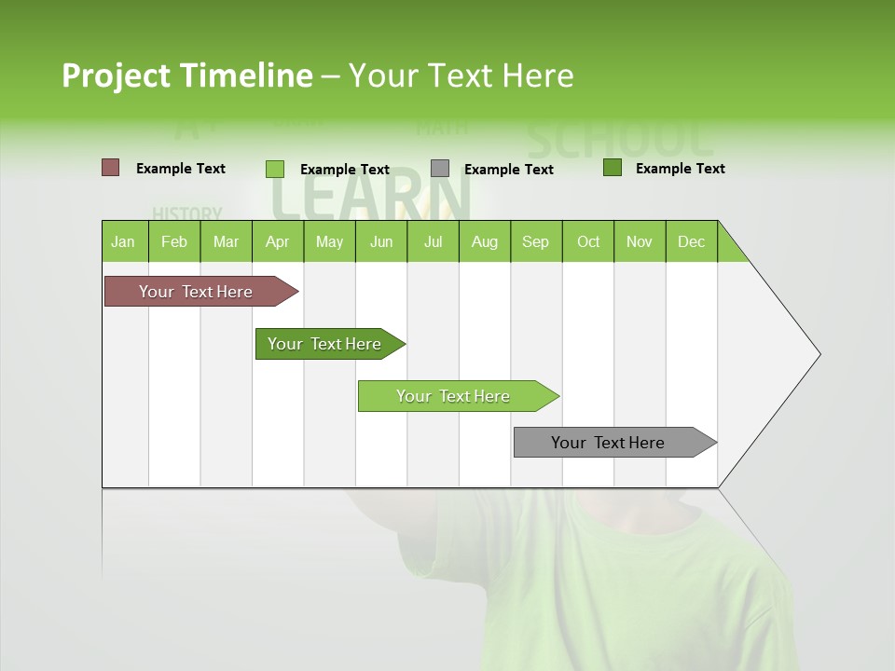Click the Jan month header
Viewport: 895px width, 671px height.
click(124, 241)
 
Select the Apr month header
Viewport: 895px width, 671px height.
click(277, 241)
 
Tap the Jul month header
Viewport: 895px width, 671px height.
click(433, 241)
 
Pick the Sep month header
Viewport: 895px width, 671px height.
click(535, 241)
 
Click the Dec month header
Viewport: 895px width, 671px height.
click(691, 241)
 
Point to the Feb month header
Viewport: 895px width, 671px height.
click(174, 241)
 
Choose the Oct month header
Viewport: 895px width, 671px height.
click(588, 241)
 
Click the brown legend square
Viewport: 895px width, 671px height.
click(111, 168)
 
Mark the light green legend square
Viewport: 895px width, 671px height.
click(275, 169)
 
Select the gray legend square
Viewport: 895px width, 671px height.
click(440, 169)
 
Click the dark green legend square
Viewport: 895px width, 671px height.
click(613, 168)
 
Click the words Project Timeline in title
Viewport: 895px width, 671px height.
click(187, 75)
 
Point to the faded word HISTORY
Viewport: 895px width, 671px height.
click(187, 213)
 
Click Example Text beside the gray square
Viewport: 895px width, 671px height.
click(509, 170)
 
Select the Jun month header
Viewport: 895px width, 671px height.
click(381, 241)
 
